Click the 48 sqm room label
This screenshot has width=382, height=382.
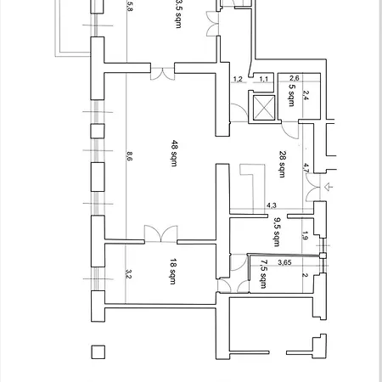[x=175, y=153]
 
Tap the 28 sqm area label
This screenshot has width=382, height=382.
[x=283, y=164]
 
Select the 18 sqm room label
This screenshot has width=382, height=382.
[x=173, y=271]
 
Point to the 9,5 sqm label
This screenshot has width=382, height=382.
[x=277, y=232]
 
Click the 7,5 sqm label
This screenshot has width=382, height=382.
[x=264, y=274]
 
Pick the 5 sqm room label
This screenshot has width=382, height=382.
[x=291, y=95]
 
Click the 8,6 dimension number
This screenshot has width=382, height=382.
[x=129, y=156]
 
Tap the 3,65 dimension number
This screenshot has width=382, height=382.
[x=284, y=262]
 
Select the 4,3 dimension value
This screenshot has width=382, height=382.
[x=272, y=205]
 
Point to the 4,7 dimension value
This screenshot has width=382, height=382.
[x=306, y=168]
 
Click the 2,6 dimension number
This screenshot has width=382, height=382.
[x=295, y=78]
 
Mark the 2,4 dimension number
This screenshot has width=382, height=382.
[x=306, y=95]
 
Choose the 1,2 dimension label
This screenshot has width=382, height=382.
[x=238, y=79]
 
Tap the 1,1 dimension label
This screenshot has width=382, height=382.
[x=263, y=79]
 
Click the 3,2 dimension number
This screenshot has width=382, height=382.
[x=128, y=273]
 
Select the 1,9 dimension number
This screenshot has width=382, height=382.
[x=305, y=236]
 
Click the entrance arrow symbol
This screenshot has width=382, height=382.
[x=329, y=187]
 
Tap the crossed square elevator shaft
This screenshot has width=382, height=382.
[x=264, y=108]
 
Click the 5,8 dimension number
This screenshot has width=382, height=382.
[x=130, y=6]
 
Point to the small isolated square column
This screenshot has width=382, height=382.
[x=98, y=352]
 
